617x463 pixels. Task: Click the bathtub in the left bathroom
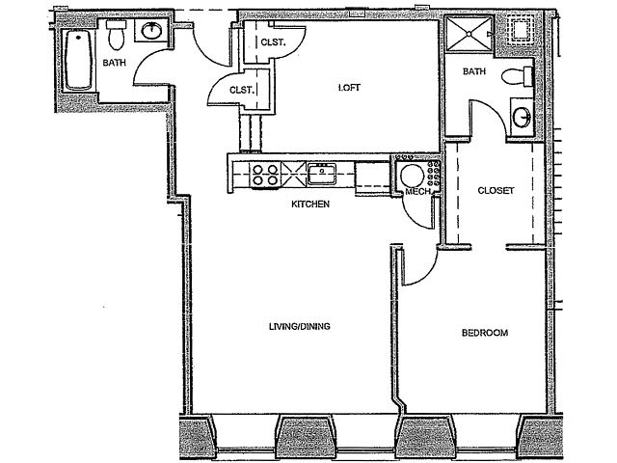pyautogui.click(x=79, y=60)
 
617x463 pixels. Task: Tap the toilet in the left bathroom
pyautogui.click(x=116, y=36)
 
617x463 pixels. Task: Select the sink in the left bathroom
pyautogui.click(x=151, y=31)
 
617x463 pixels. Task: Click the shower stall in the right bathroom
pyautogui.click(x=469, y=34)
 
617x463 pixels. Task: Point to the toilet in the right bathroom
pyautogui.click(x=518, y=76)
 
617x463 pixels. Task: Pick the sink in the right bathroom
pyautogui.click(x=523, y=117)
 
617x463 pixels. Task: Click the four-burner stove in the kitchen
pyautogui.click(x=265, y=175)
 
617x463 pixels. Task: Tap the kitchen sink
pyautogui.click(x=322, y=174)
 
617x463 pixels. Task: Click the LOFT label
pyautogui.click(x=349, y=88)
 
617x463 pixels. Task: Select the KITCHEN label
pyautogui.click(x=310, y=204)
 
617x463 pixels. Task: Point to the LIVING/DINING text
pyautogui.click(x=300, y=326)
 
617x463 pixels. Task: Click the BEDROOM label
pyautogui.click(x=485, y=333)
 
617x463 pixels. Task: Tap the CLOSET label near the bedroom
pyautogui.click(x=496, y=191)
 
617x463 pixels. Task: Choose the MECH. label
pyautogui.click(x=417, y=192)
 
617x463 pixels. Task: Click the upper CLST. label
pyautogui.click(x=273, y=42)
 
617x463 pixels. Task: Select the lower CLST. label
pyautogui.click(x=241, y=90)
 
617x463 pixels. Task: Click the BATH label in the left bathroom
pyautogui.click(x=115, y=63)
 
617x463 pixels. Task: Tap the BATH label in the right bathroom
pyautogui.click(x=474, y=71)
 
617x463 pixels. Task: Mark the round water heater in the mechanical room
pyautogui.click(x=412, y=176)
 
